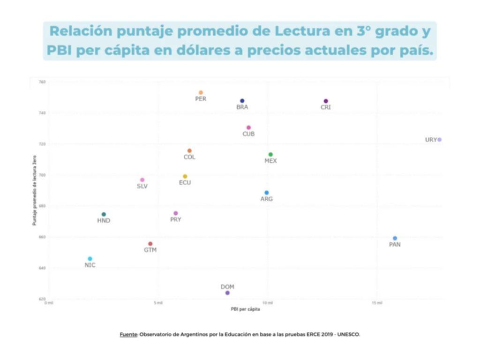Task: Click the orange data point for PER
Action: click(201, 93)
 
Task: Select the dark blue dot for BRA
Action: click(242, 101)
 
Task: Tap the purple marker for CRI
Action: click(326, 101)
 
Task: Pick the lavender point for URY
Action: click(439, 140)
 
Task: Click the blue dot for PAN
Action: click(395, 238)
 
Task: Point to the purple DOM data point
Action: click(227, 293)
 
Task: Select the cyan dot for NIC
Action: click(90, 259)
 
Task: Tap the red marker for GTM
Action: click(150, 244)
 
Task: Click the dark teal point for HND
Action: click(104, 214)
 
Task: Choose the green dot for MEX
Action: click(270, 155)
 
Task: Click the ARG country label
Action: click(267, 199)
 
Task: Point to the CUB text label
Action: click(248, 134)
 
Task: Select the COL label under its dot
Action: click(189, 157)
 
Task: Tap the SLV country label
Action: click(142, 186)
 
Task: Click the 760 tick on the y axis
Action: click(42, 82)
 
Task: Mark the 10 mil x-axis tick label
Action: click(267, 303)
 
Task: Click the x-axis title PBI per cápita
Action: click(245, 309)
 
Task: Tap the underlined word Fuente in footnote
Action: click(128, 334)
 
